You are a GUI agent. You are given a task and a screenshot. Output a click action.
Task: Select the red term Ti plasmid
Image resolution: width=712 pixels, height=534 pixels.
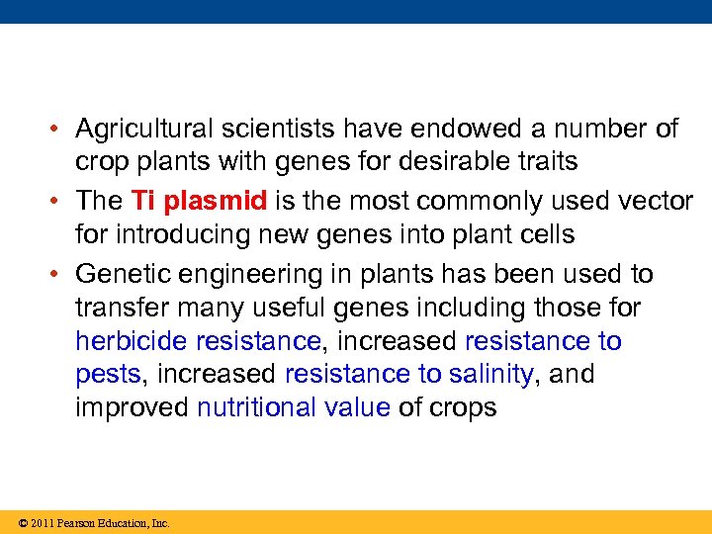click(199, 201)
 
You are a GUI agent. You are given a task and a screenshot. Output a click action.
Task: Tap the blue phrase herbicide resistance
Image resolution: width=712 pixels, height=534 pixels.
click(198, 342)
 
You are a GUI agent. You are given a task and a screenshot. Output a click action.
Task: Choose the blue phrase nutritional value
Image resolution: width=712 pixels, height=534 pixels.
click(294, 408)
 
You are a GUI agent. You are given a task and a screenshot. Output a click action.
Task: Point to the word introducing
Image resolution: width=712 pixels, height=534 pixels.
click(189, 234)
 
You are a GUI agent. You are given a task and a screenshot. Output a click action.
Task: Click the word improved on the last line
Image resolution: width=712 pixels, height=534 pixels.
click(133, 408)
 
